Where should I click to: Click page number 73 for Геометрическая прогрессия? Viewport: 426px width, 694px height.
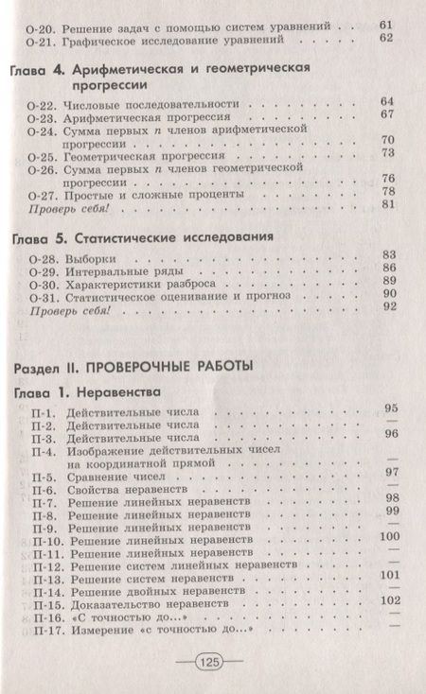[386, 152]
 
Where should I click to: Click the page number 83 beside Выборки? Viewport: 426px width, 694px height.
[386, 253]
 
